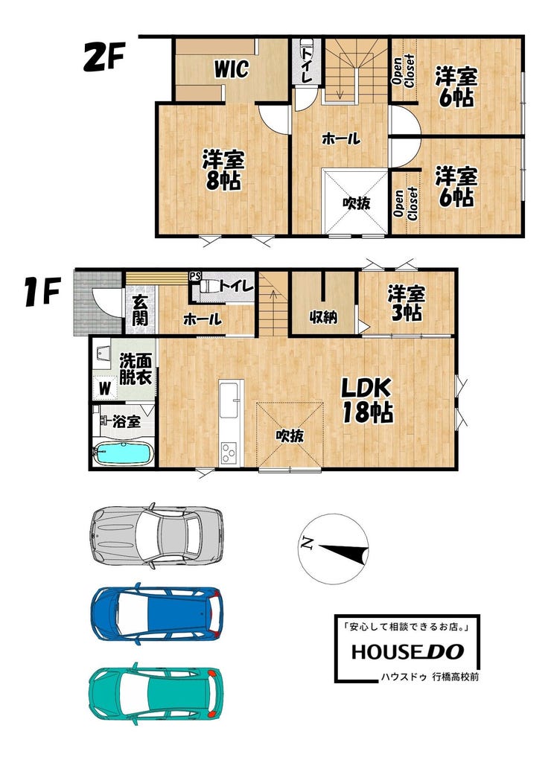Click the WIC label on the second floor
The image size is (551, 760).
232,68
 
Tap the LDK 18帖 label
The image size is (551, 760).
366,400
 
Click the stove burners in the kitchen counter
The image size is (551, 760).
229,453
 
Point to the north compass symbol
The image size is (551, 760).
334,549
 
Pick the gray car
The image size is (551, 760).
156,535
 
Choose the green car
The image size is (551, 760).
156,693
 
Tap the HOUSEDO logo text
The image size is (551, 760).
407,652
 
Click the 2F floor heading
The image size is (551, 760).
104,57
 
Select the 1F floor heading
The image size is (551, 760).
42,291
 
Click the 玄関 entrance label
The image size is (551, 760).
141,310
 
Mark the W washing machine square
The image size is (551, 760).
105,388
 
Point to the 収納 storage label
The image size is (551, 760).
323,318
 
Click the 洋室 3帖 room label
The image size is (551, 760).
407,304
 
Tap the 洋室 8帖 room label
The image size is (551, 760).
223,170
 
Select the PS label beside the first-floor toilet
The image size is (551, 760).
195,276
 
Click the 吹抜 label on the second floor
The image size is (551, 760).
357,203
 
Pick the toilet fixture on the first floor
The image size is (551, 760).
207,286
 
